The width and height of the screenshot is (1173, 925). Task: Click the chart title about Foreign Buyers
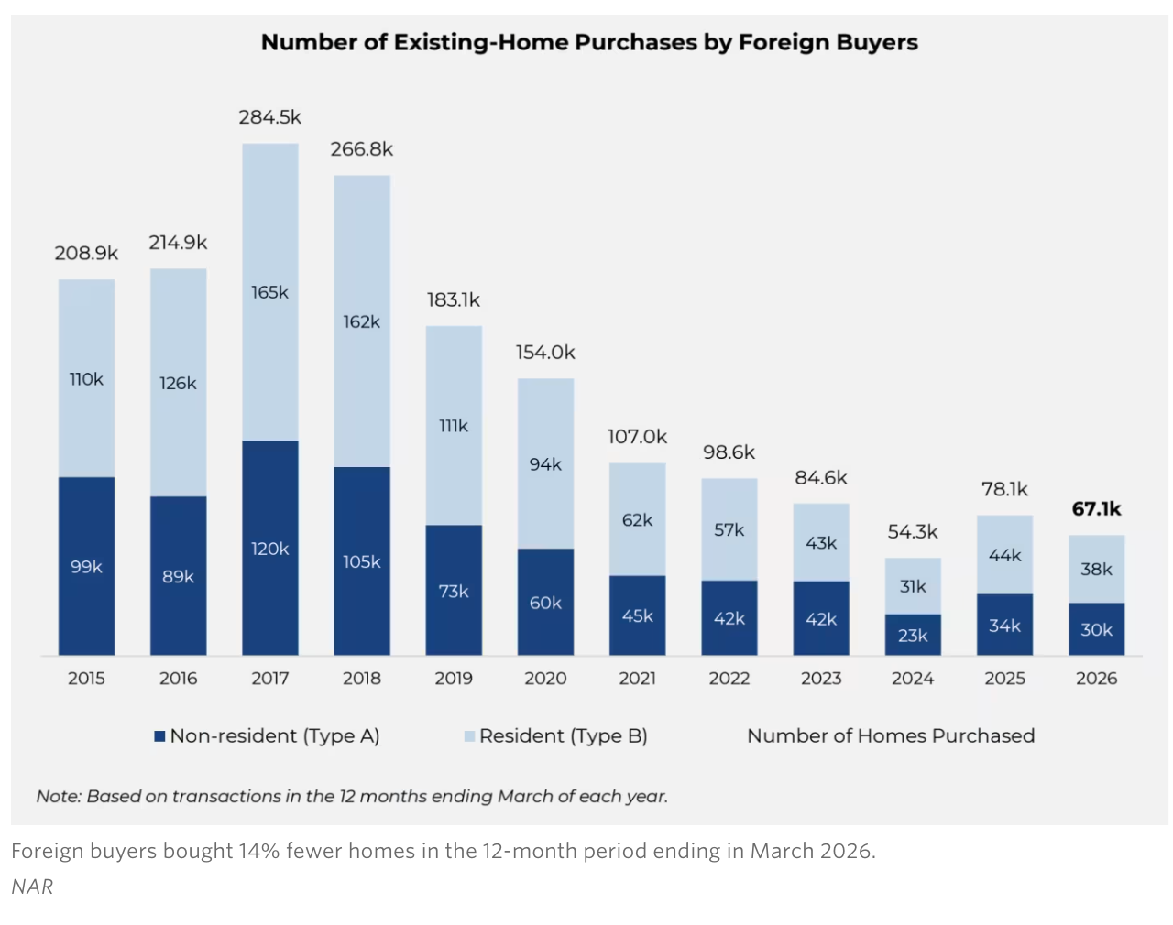pyautogui.click(x=589, y=42)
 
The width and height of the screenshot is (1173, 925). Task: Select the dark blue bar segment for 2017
pyautogui.click(x=269, y=548)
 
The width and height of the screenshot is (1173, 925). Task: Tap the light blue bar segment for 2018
pyautogui.click(x=362, y=321)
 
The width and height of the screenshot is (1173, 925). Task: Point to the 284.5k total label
pyautogui.click(x=269, y=117)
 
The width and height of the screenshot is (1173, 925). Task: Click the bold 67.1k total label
pyautogui.click(x=1096, y=509)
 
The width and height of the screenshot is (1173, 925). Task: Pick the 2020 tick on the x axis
pyautogui.click(x=545, y=679)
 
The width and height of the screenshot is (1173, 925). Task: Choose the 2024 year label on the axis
pyautogui.click(x=913, y=679)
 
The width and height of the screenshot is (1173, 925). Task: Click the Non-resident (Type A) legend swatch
pyautogui.click(x=159, y=736)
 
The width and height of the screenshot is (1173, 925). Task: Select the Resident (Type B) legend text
pyautogui.click(x=564, y=736)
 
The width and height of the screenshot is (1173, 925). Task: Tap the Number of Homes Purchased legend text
pyautogui.click(x=891, y=736)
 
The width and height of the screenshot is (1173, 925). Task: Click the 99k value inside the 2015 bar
pyautogui.click(x=86, y=567)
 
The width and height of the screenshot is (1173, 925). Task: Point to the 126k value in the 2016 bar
pyautogui.click(x=178, y=383)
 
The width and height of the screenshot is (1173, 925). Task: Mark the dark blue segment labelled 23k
pyautogui.click(x=913, y=635)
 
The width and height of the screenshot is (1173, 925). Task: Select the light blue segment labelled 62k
pyautogui.click(x=637, y=519)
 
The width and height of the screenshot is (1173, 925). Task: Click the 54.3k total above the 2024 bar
pyautogui.click(x=913, y=532)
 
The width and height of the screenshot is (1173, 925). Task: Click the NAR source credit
pyautogui.click(x=32, y=887)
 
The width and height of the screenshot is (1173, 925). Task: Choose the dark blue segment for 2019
pyautogui.click(x=454, y=590)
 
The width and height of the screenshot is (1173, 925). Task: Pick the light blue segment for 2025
pyautogui.click(x=1004, y=555)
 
